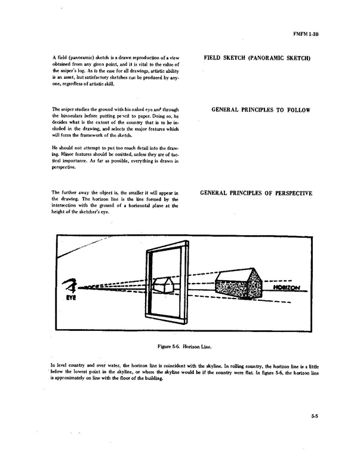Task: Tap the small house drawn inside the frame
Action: click(163, 285)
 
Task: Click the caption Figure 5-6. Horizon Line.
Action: click(180, 346)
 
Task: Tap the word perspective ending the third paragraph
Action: click(63, 168)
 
